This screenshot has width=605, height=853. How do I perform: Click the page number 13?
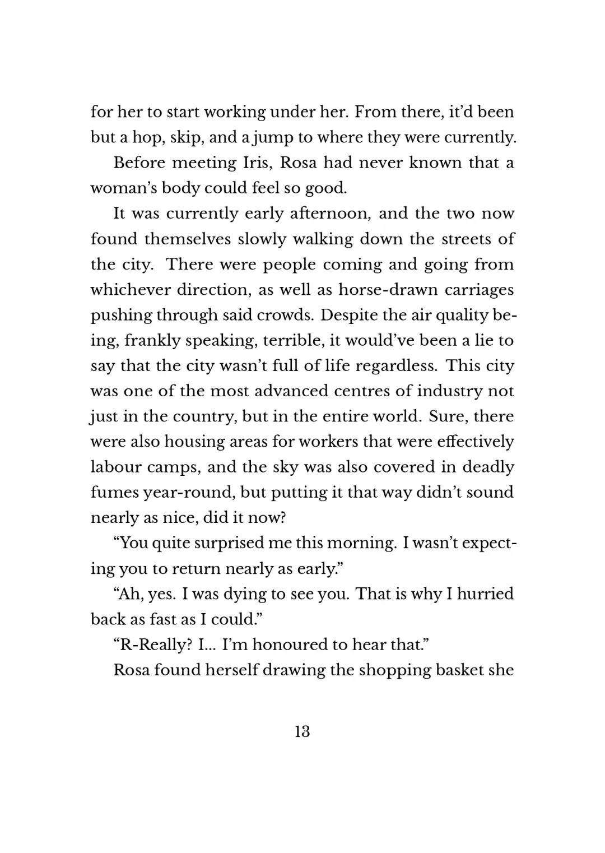pos(302,731)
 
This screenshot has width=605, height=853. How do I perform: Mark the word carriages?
pos(480,290)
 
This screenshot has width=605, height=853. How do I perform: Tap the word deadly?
pos(488,467)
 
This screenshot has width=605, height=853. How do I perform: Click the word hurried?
pos(485,594)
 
